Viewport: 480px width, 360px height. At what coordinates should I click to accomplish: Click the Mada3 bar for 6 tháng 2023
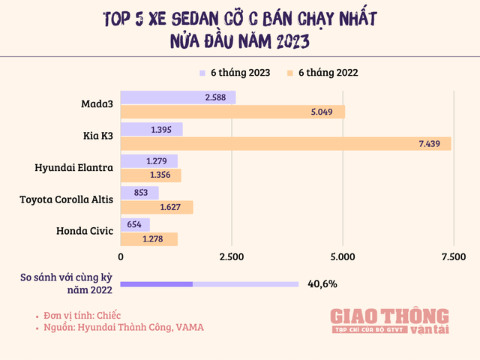click(x=178, y=97)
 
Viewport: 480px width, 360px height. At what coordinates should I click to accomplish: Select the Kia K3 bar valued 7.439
click(x=286, y=144)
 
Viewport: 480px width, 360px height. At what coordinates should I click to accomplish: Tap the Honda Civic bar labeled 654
click(x=135, y=224)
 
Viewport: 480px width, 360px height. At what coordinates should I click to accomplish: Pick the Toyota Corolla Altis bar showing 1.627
click(x=157, y=208)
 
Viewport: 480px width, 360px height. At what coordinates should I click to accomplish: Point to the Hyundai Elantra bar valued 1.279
click(x=149, y=160)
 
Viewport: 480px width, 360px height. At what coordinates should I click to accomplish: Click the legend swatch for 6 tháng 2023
click(x=202, y=73)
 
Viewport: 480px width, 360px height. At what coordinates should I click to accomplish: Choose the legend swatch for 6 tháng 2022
click(x=289, y=73)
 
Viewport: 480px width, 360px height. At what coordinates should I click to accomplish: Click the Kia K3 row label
click(x=97, y=136)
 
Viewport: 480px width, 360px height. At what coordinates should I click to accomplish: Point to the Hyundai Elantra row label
click(x=74, y=168)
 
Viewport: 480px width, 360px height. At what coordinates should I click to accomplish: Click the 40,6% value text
click(x=322, y=284)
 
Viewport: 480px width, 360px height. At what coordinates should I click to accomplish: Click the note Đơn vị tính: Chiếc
click(x=83, y=315)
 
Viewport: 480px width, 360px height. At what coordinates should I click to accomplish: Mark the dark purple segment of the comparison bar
click(x=156, y=284)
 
